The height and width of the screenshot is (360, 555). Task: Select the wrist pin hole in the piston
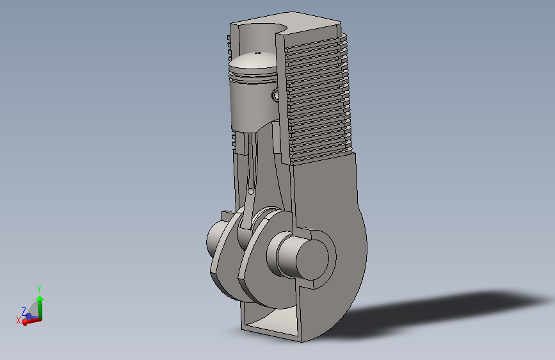pos(275,95)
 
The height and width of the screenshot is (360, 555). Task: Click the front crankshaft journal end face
pos(312,258)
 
